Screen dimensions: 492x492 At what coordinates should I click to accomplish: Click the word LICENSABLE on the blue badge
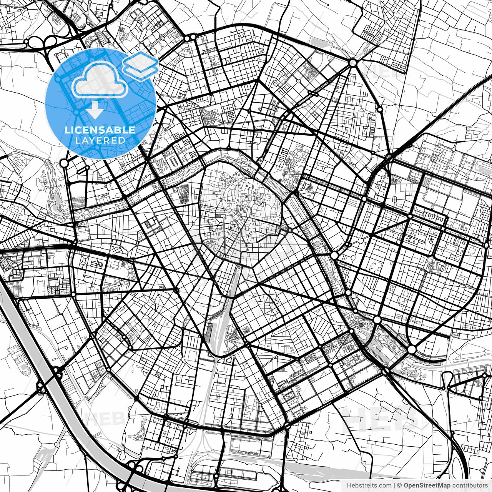coord(100,130)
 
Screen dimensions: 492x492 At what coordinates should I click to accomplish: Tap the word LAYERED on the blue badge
coord(100,141)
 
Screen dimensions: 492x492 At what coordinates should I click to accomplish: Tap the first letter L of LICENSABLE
coord(67,130)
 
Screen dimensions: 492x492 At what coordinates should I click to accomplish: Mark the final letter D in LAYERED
coord(122,141)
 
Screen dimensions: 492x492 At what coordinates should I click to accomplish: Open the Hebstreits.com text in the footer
coord(369,485)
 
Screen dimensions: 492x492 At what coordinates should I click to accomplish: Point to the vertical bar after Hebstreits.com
coord(394,485)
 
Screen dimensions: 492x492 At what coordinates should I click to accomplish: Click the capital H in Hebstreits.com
coord(349,485)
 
